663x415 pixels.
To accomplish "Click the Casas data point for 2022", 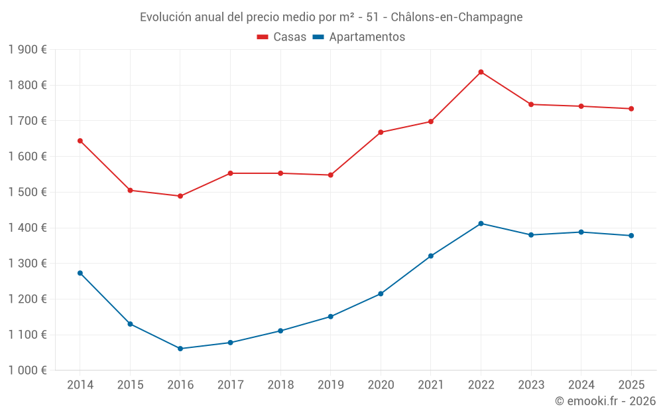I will point(481,72).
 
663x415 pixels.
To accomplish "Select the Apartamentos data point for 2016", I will point(180,349).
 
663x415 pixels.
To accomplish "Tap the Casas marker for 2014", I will point(80,141).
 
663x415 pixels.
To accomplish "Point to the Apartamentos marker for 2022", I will point(481,223).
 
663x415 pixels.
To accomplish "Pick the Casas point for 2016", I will point(180,196).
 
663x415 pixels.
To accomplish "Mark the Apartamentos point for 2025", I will point(631,236).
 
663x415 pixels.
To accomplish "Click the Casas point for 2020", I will point(381,132).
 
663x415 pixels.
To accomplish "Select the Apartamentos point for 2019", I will point(330,317).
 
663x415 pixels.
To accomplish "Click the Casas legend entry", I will point(282,37).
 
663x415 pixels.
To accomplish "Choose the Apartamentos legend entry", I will point(359,37).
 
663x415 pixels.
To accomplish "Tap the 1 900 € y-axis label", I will point(27,50).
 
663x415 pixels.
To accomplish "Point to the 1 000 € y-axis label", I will point(27,371).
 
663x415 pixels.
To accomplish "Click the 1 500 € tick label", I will point(27,193).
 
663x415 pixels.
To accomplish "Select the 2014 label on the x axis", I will point(80,384).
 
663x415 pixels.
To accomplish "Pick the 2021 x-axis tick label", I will point(431,384).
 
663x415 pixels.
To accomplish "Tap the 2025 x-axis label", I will point(631,384).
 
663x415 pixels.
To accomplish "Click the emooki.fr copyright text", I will point(605,401).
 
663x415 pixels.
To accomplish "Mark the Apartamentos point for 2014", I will point(80,273).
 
